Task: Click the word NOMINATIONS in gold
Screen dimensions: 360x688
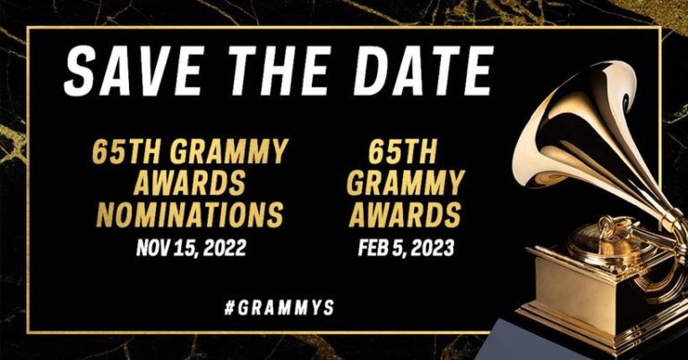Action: (x=188, y=215)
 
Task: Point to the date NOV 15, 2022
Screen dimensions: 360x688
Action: (x=188, y=246)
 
